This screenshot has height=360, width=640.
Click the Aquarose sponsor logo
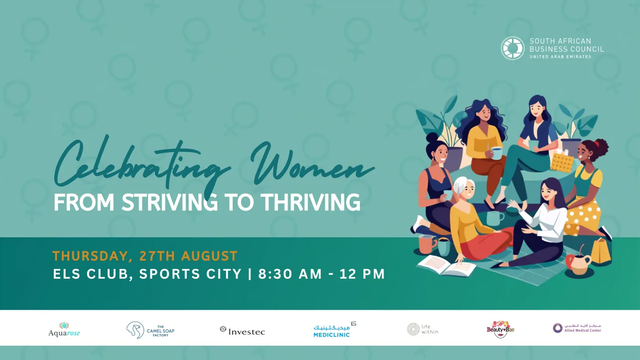64,330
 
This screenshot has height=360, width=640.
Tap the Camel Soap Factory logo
150,330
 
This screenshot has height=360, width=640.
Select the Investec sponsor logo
242,331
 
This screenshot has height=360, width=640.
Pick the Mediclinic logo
335,330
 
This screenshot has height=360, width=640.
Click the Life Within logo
422,329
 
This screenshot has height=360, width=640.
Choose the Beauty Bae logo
500,329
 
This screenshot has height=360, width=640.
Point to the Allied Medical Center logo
577,328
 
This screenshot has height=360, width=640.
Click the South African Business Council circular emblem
512,48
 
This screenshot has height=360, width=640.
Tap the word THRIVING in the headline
310,202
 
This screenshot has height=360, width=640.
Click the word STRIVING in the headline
170,202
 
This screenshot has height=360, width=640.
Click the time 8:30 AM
290,274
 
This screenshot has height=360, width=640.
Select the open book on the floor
447,265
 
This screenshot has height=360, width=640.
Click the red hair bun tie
597,143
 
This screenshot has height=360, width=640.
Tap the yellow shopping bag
601,251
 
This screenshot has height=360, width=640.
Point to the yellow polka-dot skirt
582,216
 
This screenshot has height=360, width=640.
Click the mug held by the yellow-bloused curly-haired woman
497,153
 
